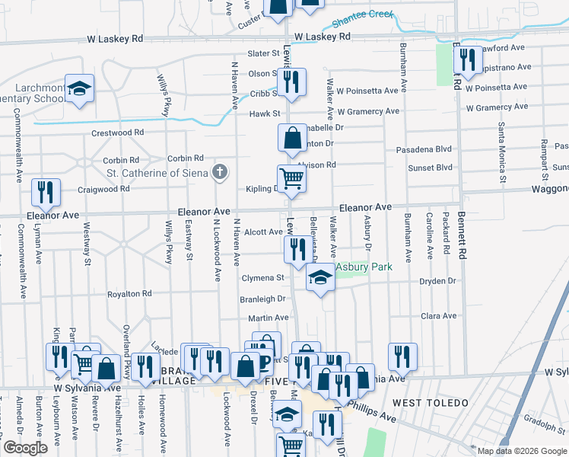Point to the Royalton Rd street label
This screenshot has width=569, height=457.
tap(129, 293)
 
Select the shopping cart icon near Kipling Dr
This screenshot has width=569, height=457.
tap(291, 178)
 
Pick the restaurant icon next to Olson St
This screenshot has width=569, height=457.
tap(291, 81)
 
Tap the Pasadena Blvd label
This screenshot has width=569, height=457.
tap(424, 150)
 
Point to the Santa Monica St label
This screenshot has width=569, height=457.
tap(502, 152)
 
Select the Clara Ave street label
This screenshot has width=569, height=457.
tap(438, 315)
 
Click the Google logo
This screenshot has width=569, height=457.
tap(26, 448)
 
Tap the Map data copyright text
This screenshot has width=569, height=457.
tap(521, 451)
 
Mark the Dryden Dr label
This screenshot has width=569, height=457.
tap(437, 281)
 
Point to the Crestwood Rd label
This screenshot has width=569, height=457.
tap(118, 133)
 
